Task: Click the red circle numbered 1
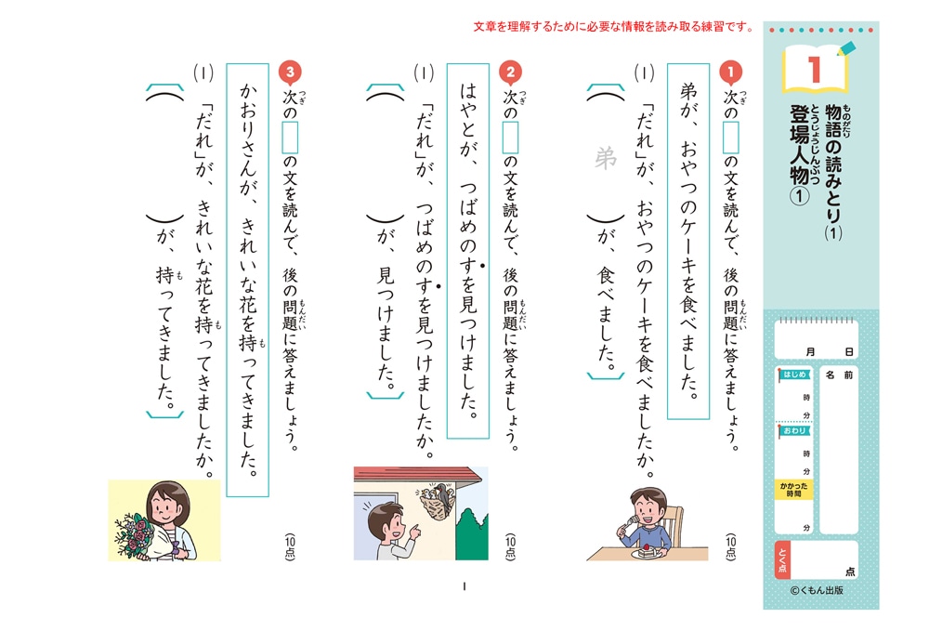[x=730, y=72]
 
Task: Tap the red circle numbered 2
[x=510, y=72]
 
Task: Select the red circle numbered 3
[x=290, y=72]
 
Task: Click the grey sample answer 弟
[x=606, y=158]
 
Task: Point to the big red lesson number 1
[x=815, y=70]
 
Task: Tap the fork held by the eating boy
[x=629, y=521]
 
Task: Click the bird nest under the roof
[x=437, y=501]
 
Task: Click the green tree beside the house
[x=472, y=534]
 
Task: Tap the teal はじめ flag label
[x=794, y=375]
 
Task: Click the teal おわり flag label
[x=794, y=431]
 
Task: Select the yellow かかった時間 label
[x=793, y=490]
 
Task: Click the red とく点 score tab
[x=782, y=560]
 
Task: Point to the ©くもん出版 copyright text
[x=817, y=590]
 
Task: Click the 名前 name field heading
[x=839, y=375]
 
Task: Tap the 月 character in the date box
[x=810, y=352]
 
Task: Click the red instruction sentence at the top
[x=614, y=27]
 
